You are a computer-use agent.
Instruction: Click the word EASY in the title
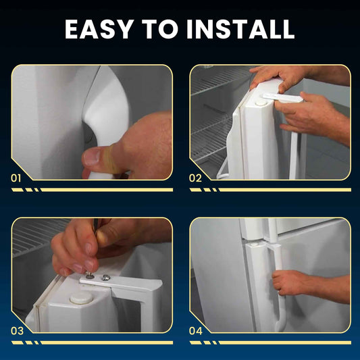[x=99, y=29]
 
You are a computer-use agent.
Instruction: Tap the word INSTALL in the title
[x=240, y=29]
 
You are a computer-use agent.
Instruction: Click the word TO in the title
[x=160, y=29]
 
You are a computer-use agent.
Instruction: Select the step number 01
[x=16, y=178]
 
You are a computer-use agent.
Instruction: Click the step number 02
[x=195, y=178]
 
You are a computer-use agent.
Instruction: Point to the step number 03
[x=17, y=331]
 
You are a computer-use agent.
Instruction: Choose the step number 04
[x=196, y=331]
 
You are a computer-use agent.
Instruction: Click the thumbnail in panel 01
[x=92, y=157]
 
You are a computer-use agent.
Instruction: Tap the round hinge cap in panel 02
[x=260, y=103]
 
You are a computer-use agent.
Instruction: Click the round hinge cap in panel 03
[x=81, y=299]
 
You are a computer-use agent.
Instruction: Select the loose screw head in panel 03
[x=106, y=278]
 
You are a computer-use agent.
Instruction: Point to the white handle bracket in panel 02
[x=283, y=97]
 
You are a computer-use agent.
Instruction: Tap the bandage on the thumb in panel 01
[x=112, y=159]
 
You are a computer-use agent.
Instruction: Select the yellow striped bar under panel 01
[x=92, y=190]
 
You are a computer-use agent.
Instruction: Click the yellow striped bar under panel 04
[x=270, y=342]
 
